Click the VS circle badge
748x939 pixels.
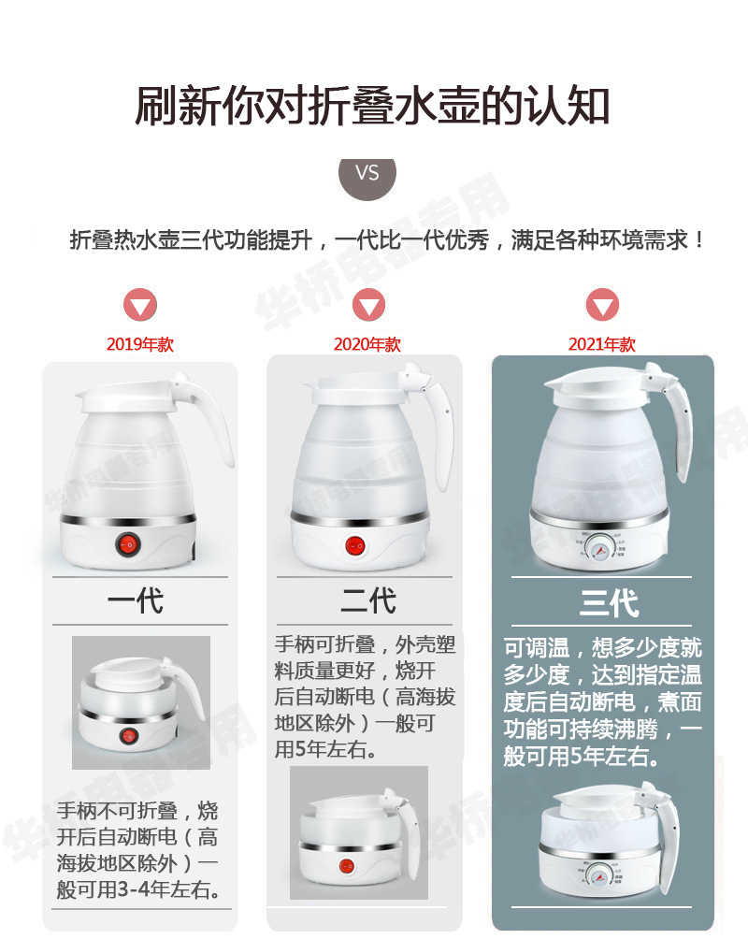(367, 173)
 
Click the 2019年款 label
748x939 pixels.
(140, 344)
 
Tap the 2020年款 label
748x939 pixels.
(367, 344)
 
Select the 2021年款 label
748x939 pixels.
(602, 344)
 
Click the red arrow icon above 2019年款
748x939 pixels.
(141, 306)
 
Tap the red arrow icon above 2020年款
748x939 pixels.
(368, 305)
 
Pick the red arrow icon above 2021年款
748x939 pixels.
(602, 305)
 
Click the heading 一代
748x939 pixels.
(137, 600)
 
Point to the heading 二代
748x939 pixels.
(367, 600)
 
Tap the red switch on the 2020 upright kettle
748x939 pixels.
(355, 544)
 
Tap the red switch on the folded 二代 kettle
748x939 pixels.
(348, 867)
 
